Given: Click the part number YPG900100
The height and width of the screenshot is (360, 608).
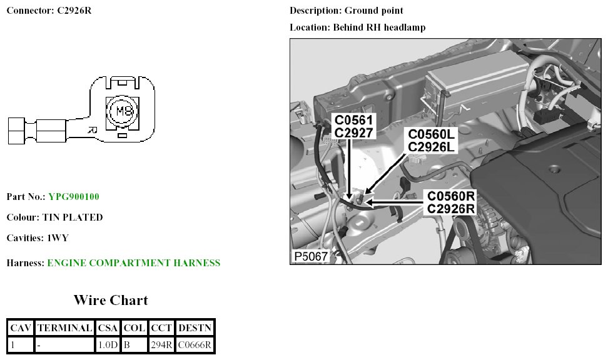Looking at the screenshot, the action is tap(74, 197).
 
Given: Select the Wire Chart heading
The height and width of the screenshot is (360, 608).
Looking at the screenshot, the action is tap(111, 300).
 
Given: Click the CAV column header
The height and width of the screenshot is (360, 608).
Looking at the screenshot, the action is tap(20, 327).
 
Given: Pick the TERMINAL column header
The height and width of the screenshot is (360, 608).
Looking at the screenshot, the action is tap(64, 327).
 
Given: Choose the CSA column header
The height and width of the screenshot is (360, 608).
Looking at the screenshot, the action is tap(108, 327).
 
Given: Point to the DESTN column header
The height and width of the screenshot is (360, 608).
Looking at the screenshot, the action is tap(195, 327).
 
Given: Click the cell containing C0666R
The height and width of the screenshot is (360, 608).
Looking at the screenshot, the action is tap(195, 344).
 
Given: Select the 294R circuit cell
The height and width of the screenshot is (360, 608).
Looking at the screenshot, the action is tap(161, 344).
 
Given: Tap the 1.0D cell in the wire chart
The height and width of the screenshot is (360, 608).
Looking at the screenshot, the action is tap(108, 344).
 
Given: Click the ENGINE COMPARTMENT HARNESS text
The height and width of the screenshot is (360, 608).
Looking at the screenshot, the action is tap(134, 263).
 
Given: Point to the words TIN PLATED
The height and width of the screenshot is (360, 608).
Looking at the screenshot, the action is tap(73, 217).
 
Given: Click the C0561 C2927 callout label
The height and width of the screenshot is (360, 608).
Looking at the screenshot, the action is tap(353, 126).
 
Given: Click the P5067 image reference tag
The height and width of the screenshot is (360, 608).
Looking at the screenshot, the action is tap(311, 257).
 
